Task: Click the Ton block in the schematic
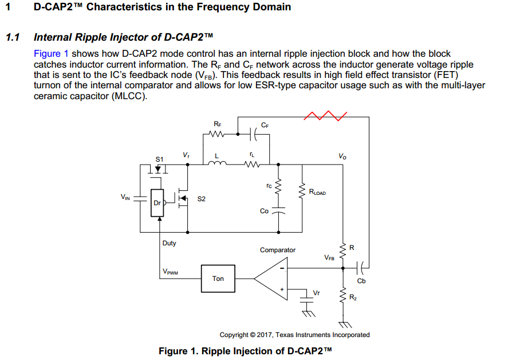pyautogui.click(x=218, y=279)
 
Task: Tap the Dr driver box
pyautogui.click(x=157, y=203)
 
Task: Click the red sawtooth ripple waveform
pyautogui.click(x=325, y=116)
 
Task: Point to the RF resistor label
pyautogui.click(x=217, y=124)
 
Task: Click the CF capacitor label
pyautogui.click(x=265, y=124)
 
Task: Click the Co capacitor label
pyautogui.click(x=264, y=211)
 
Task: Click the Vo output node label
pyautogui.click(x=342, y=156)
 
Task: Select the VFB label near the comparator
pyautogui.click(x=329, y=258)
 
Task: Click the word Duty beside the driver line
pyautogui.click(x=170, y=243)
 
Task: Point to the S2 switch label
pyautogui.click(x=201, y=199)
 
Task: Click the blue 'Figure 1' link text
pyautogui.click(x=52, y=53)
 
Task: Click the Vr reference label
pyautogui.click(x=316, y=293)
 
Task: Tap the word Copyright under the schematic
pyautogui.click(x=234, y=335)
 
